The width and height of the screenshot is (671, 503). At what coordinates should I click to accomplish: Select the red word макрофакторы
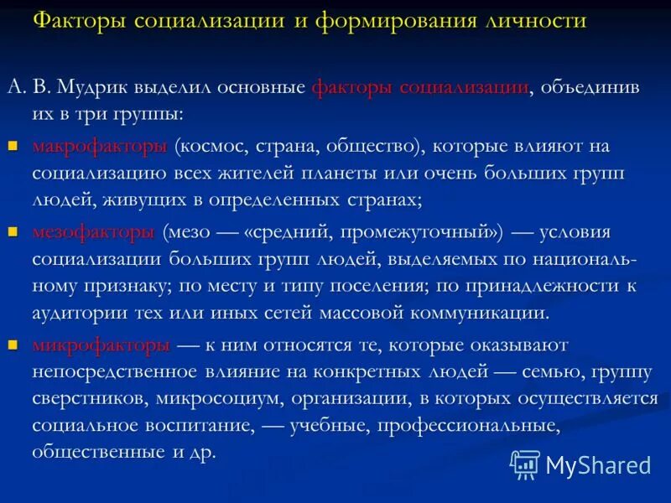coord(100,147)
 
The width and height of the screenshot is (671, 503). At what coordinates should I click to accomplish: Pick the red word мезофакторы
coord(94,232)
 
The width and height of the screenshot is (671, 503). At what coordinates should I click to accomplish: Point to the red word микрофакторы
coord(101,345)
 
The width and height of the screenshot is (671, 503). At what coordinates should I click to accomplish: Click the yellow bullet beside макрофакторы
coord(13,145)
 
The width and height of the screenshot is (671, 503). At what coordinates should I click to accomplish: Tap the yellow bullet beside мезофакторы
coord(13,231)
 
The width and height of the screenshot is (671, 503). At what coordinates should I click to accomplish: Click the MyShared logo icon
coord(525,464)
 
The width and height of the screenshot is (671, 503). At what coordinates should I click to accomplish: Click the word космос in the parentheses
coord(210,147)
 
